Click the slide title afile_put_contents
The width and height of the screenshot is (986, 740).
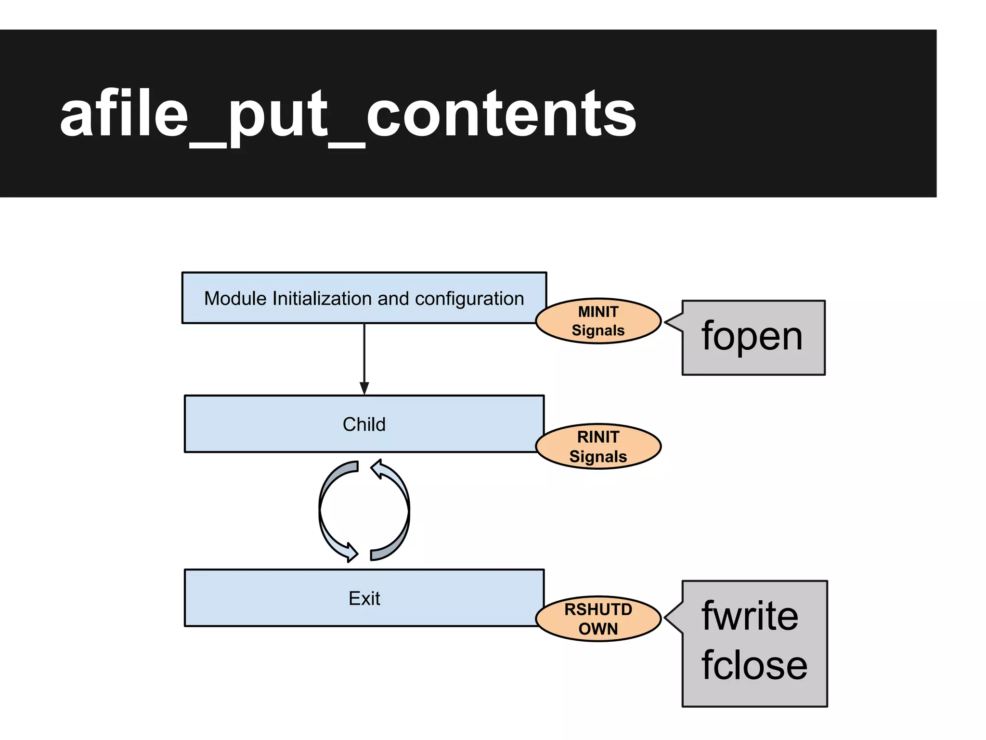[348, 115]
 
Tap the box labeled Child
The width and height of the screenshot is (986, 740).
[364, 424]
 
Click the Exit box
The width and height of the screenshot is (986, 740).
[364, 598]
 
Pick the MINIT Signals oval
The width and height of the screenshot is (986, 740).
[598, 321]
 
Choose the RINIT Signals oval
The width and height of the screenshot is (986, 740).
[598, 447]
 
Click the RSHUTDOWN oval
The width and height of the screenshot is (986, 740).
[598, 619]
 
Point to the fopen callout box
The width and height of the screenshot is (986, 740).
[753, 337]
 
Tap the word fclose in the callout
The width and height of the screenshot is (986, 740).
[754, 665]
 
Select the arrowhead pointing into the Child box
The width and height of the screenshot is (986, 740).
[364, 388]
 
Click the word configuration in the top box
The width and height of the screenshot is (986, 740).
[469, 299]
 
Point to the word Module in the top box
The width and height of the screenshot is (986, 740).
[235, 299]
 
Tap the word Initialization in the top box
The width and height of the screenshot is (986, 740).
[323, 299]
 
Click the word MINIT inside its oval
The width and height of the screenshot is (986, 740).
[598, 312]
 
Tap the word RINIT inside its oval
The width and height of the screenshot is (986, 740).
[598, 437]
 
